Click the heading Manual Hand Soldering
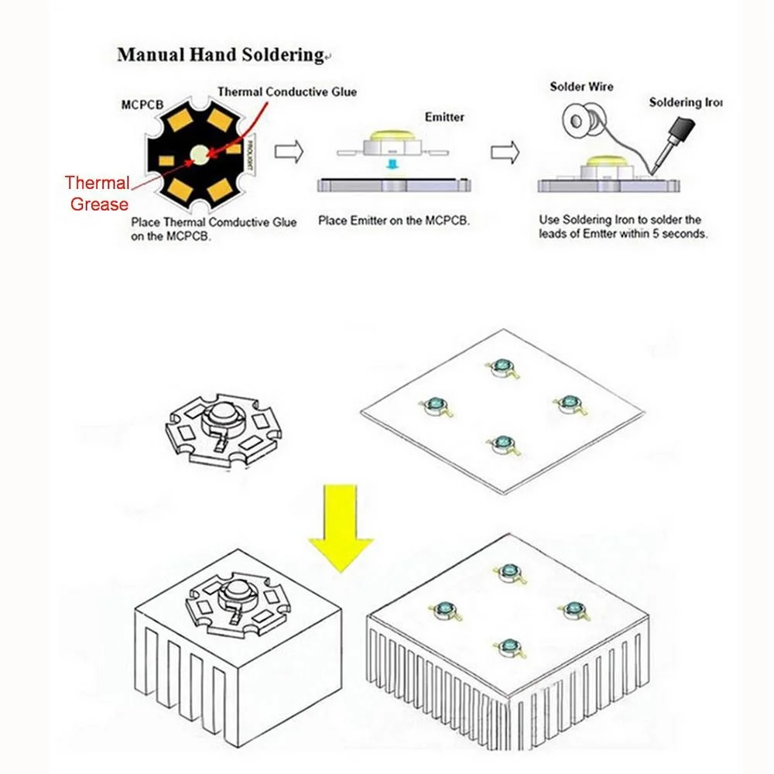pyautogui.click(x=220, y=55)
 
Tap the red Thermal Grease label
pyautogui.click(x=98, y=193)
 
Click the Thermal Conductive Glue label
pyautogui.click(x=287, y=92)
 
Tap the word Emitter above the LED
pyautogui.click(x=444, y=117)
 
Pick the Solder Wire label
pyautogui.click(x=581, y=87)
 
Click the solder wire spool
pyautogui.click(x=579, y=123)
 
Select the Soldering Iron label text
pyautogui.click(x=685, y=102)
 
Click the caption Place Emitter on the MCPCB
pyautogui.click(x=393, y=221)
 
